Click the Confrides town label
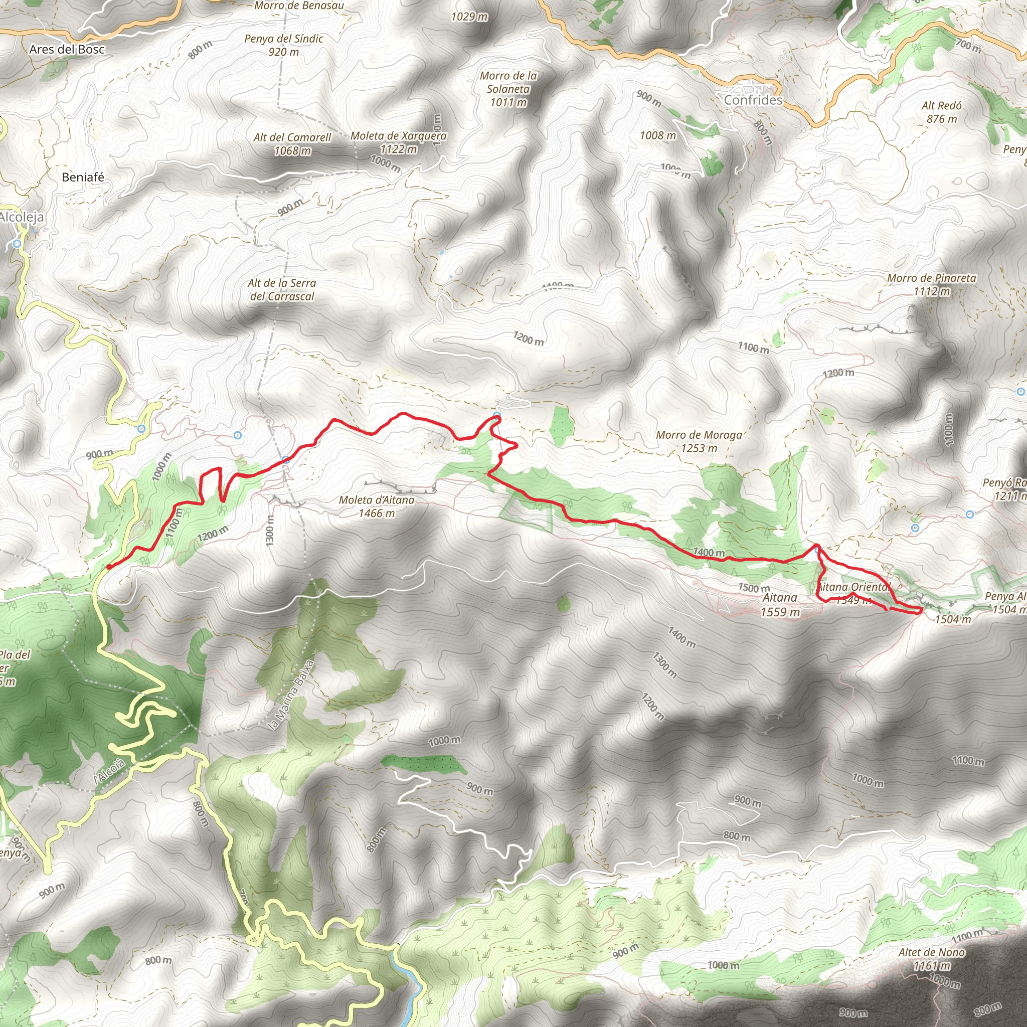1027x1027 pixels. pyautogui.click(x=753, y=100)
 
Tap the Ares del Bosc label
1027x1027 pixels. pyautogui.click(x=67, y=50)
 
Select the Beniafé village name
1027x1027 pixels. pyautogui.click(x=83, y=177)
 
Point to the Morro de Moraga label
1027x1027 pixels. pyautogui.click(x=699, y=441)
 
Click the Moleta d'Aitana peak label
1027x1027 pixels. pyautogui.click(x=377, y=506)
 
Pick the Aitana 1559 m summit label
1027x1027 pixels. pyautogui.click(x=780, y=605)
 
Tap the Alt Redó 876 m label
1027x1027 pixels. pyautogui.click(x=941, y=112)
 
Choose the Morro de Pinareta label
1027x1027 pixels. pyautogui.click(x=931, y=284)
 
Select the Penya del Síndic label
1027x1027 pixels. pyautogui.click(x=284, y=45)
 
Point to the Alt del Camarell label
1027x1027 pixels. pyautogui.click(x=292, y=144)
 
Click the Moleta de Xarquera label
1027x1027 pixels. pyautogui.click(x=398, y=142)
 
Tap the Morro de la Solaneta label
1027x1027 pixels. pyautogui.click(x=508, y=89)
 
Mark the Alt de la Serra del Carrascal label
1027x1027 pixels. pyautogui.click(x=282, y=290)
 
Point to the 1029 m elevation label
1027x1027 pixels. pyautogui.click(x=469, y=17)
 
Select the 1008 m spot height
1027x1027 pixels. pyautogui.click(x=657, y=135)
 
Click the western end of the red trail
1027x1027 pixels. pyautogui.click(x=108, y=567)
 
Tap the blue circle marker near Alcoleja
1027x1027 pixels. pyautogui.click(x=17, y=244)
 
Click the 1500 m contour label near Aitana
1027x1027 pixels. pyautogui.click(x=754, y=587)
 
